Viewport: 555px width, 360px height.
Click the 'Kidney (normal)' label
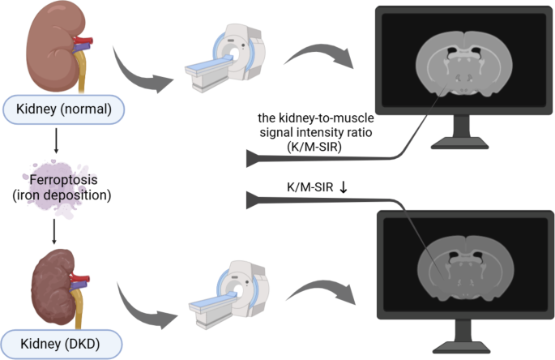(62, 108)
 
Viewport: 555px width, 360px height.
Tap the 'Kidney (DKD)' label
(62, 343)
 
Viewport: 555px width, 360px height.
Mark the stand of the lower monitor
(459, 340)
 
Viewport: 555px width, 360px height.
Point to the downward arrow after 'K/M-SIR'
(344, 188)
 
